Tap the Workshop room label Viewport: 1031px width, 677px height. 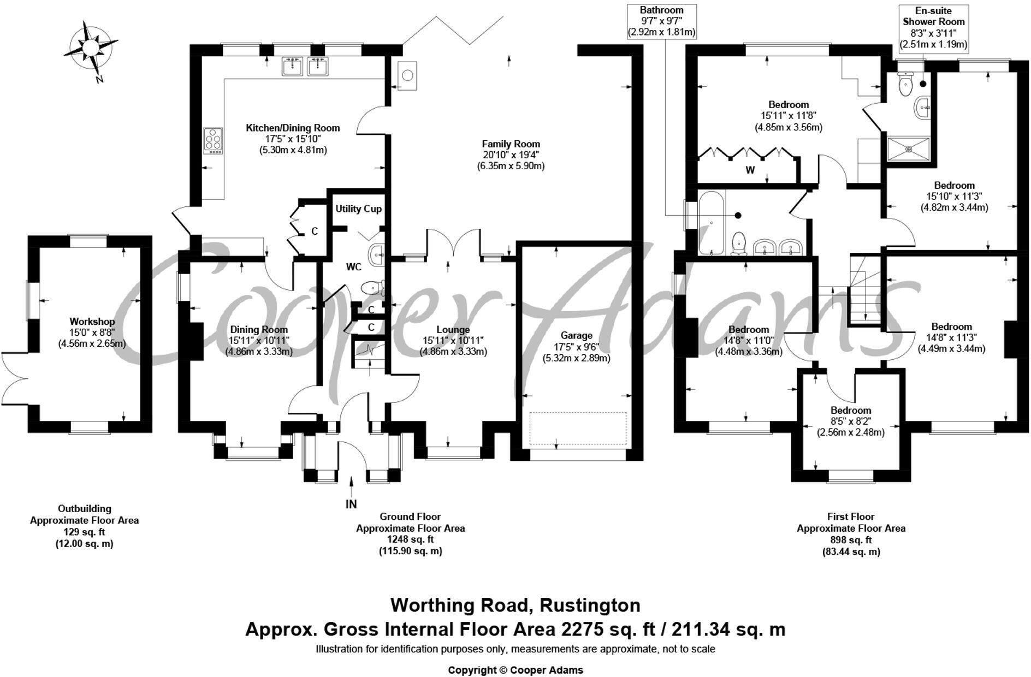(92, 322)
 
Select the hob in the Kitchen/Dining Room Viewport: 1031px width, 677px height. (214, 140)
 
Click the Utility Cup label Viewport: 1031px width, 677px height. (358, 209)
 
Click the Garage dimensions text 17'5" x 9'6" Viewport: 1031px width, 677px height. (576, 347)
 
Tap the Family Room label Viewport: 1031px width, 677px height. (511, 144)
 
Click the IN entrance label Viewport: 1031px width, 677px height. (351, 504)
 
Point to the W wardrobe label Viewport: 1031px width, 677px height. (750, 170)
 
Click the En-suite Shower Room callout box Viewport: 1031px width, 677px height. (933, 27)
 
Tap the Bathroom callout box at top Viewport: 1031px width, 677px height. (661, 21)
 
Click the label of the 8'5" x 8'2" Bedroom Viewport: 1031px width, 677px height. (851, 411)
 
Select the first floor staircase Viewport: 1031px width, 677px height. (864, 289)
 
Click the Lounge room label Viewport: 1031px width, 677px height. (453, 330)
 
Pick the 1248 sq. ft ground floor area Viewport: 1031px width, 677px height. (410, 539)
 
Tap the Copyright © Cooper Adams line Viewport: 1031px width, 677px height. (515, 670)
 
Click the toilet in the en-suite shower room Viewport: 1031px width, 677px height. (906, 83)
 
